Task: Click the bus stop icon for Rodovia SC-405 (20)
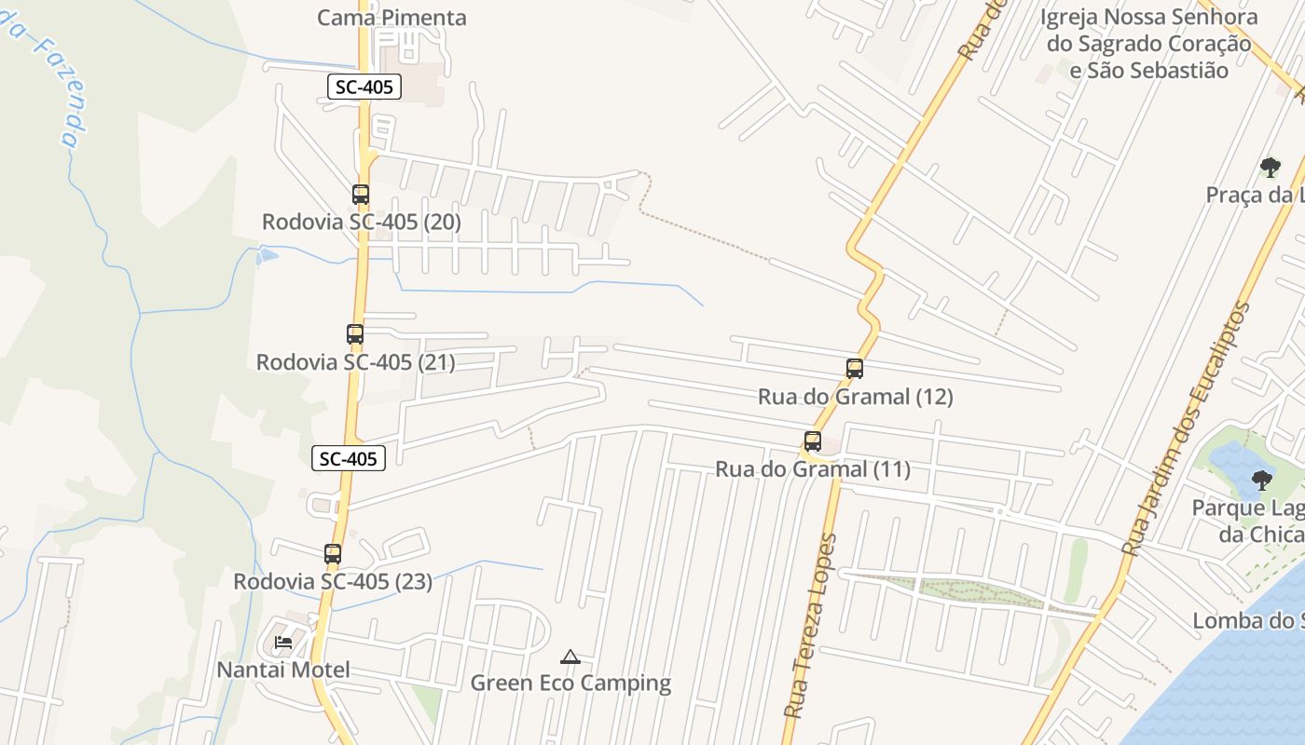(361, 195)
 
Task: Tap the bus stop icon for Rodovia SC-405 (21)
(354, 333)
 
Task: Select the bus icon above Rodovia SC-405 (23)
(333, 553)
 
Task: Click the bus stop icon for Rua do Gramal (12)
(855, 368)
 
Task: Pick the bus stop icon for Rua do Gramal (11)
(813, 440)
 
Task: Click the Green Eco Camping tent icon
(570, 657)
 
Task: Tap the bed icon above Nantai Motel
(283, 643)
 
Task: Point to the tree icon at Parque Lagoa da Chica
(1262, 481)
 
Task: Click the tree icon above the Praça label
(1270, 168)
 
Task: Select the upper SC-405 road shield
(365, 88)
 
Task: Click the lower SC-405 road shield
(349, 458)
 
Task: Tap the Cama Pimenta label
(391, 18)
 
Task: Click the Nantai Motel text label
(283, 670)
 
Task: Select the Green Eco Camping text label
(570, 683)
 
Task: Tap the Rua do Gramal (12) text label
(855, 397)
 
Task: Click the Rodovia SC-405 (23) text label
(333, 582)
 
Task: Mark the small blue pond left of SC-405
(267, 254)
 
